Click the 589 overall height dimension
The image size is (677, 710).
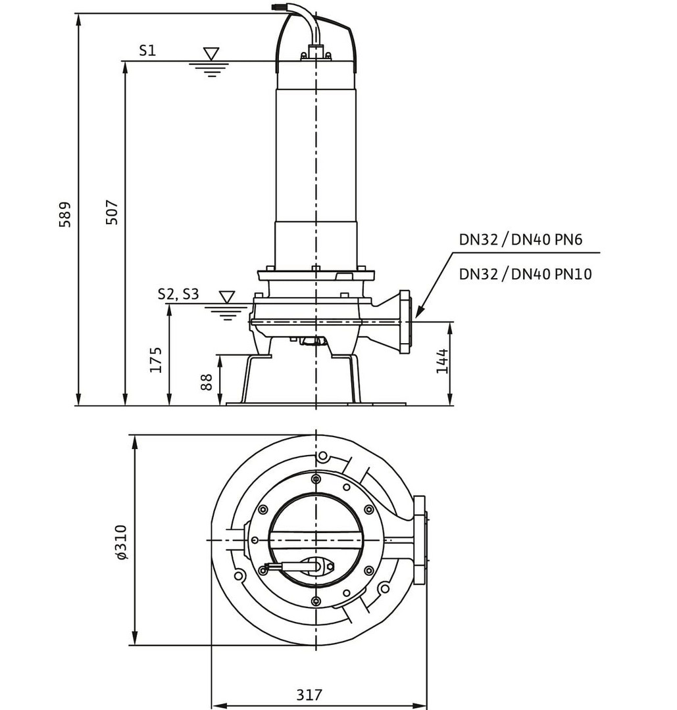[x=64, y=214]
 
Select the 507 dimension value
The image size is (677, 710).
[x=112, y=212]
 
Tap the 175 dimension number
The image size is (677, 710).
[x=155, y=360]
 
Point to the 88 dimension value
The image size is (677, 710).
[x=207, y=382]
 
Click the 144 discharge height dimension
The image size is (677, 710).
[x=442, y=361]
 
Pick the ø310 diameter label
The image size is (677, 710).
[x=121, y=541]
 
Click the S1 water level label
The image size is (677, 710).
[x=147, y=51]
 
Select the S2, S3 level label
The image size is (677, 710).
[x=178, y=294]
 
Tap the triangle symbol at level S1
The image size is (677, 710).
[x=211, y=53]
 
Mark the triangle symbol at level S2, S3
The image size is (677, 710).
[x=227, y=297]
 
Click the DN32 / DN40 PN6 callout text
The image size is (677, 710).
[x=520, y=240]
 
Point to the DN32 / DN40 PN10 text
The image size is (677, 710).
[x=525, y=273]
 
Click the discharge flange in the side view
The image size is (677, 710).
[x=405, y=321]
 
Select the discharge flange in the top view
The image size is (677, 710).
[x=419, y=540]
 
